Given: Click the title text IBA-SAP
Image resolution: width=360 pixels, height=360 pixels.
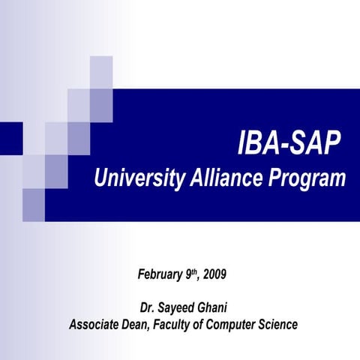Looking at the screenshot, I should coord(289,142).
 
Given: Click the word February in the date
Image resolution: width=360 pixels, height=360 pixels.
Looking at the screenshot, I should coord(160,274).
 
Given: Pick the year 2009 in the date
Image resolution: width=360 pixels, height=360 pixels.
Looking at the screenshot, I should coord(213,274).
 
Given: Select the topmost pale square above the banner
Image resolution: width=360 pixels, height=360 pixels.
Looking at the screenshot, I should coord(101,72).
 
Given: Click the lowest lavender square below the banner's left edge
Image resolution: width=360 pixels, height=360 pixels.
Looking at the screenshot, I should coord(34,205).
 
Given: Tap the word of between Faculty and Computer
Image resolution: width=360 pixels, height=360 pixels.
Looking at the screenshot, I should coord(206,325).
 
